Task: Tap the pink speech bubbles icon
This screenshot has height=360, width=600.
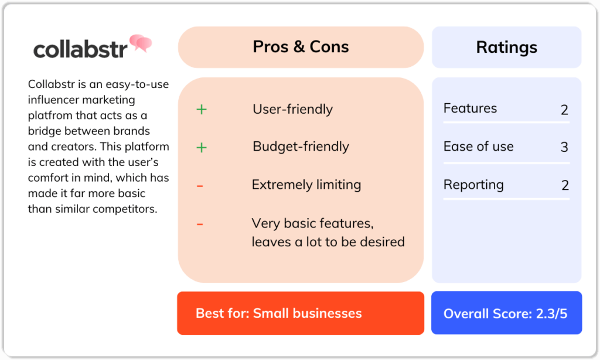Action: (141, 43)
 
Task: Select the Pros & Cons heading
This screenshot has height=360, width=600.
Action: (301, 47)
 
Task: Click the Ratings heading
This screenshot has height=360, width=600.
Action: (506, 47)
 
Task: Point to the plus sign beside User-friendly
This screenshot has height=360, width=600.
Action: (201, 109)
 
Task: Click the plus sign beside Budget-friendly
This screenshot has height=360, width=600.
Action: (201, 147)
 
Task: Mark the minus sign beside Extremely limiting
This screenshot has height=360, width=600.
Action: (200, 186)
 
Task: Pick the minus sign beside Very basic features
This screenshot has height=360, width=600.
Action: (200, 224)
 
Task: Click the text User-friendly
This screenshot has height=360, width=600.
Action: (292, 109)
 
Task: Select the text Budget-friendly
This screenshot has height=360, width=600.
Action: (301, 147)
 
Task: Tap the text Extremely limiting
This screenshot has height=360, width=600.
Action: (306, 185)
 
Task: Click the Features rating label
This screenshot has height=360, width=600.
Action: (470, 108)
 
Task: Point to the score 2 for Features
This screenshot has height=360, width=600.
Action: (564, 110)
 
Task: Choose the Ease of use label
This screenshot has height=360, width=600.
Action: (478, 147)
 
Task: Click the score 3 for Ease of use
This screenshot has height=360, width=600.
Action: (564, 147)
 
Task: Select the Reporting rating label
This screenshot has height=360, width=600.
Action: (473, 185)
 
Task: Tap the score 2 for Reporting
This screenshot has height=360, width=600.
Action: (564, 186)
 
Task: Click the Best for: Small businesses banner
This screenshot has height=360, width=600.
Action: (301, 313)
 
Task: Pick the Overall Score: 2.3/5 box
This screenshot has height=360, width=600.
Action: (506, 313)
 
